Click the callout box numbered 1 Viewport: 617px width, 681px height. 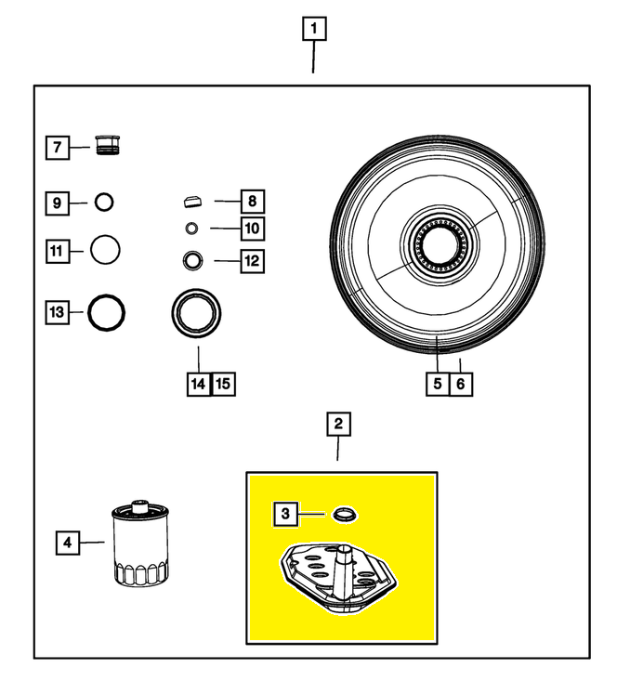[313, 30]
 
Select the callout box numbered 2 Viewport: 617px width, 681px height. [338, 426]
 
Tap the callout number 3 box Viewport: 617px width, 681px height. [285, 513]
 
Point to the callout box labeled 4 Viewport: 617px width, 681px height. [67, 541]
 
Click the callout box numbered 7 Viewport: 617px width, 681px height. [58, 147]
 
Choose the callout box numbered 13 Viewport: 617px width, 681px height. [58, 313]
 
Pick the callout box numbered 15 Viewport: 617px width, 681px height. [224, 381]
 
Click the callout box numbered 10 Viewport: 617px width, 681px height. [251, 228]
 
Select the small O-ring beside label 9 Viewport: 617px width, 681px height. [103, 202]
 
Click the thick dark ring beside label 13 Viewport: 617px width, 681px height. [106, 313]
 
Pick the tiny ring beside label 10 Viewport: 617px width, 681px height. [190, 228]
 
